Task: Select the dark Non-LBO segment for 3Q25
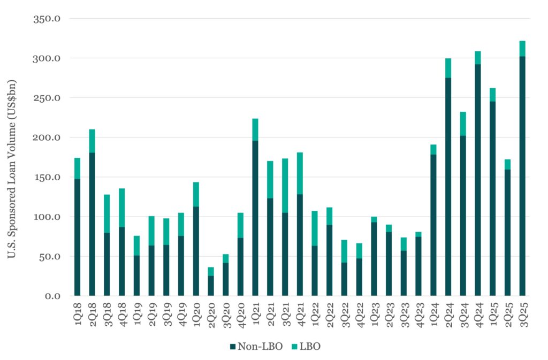522,176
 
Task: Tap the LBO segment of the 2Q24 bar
448,68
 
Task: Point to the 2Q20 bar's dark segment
211,286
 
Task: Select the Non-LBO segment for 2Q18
92,224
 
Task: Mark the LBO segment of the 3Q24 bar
463,124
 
